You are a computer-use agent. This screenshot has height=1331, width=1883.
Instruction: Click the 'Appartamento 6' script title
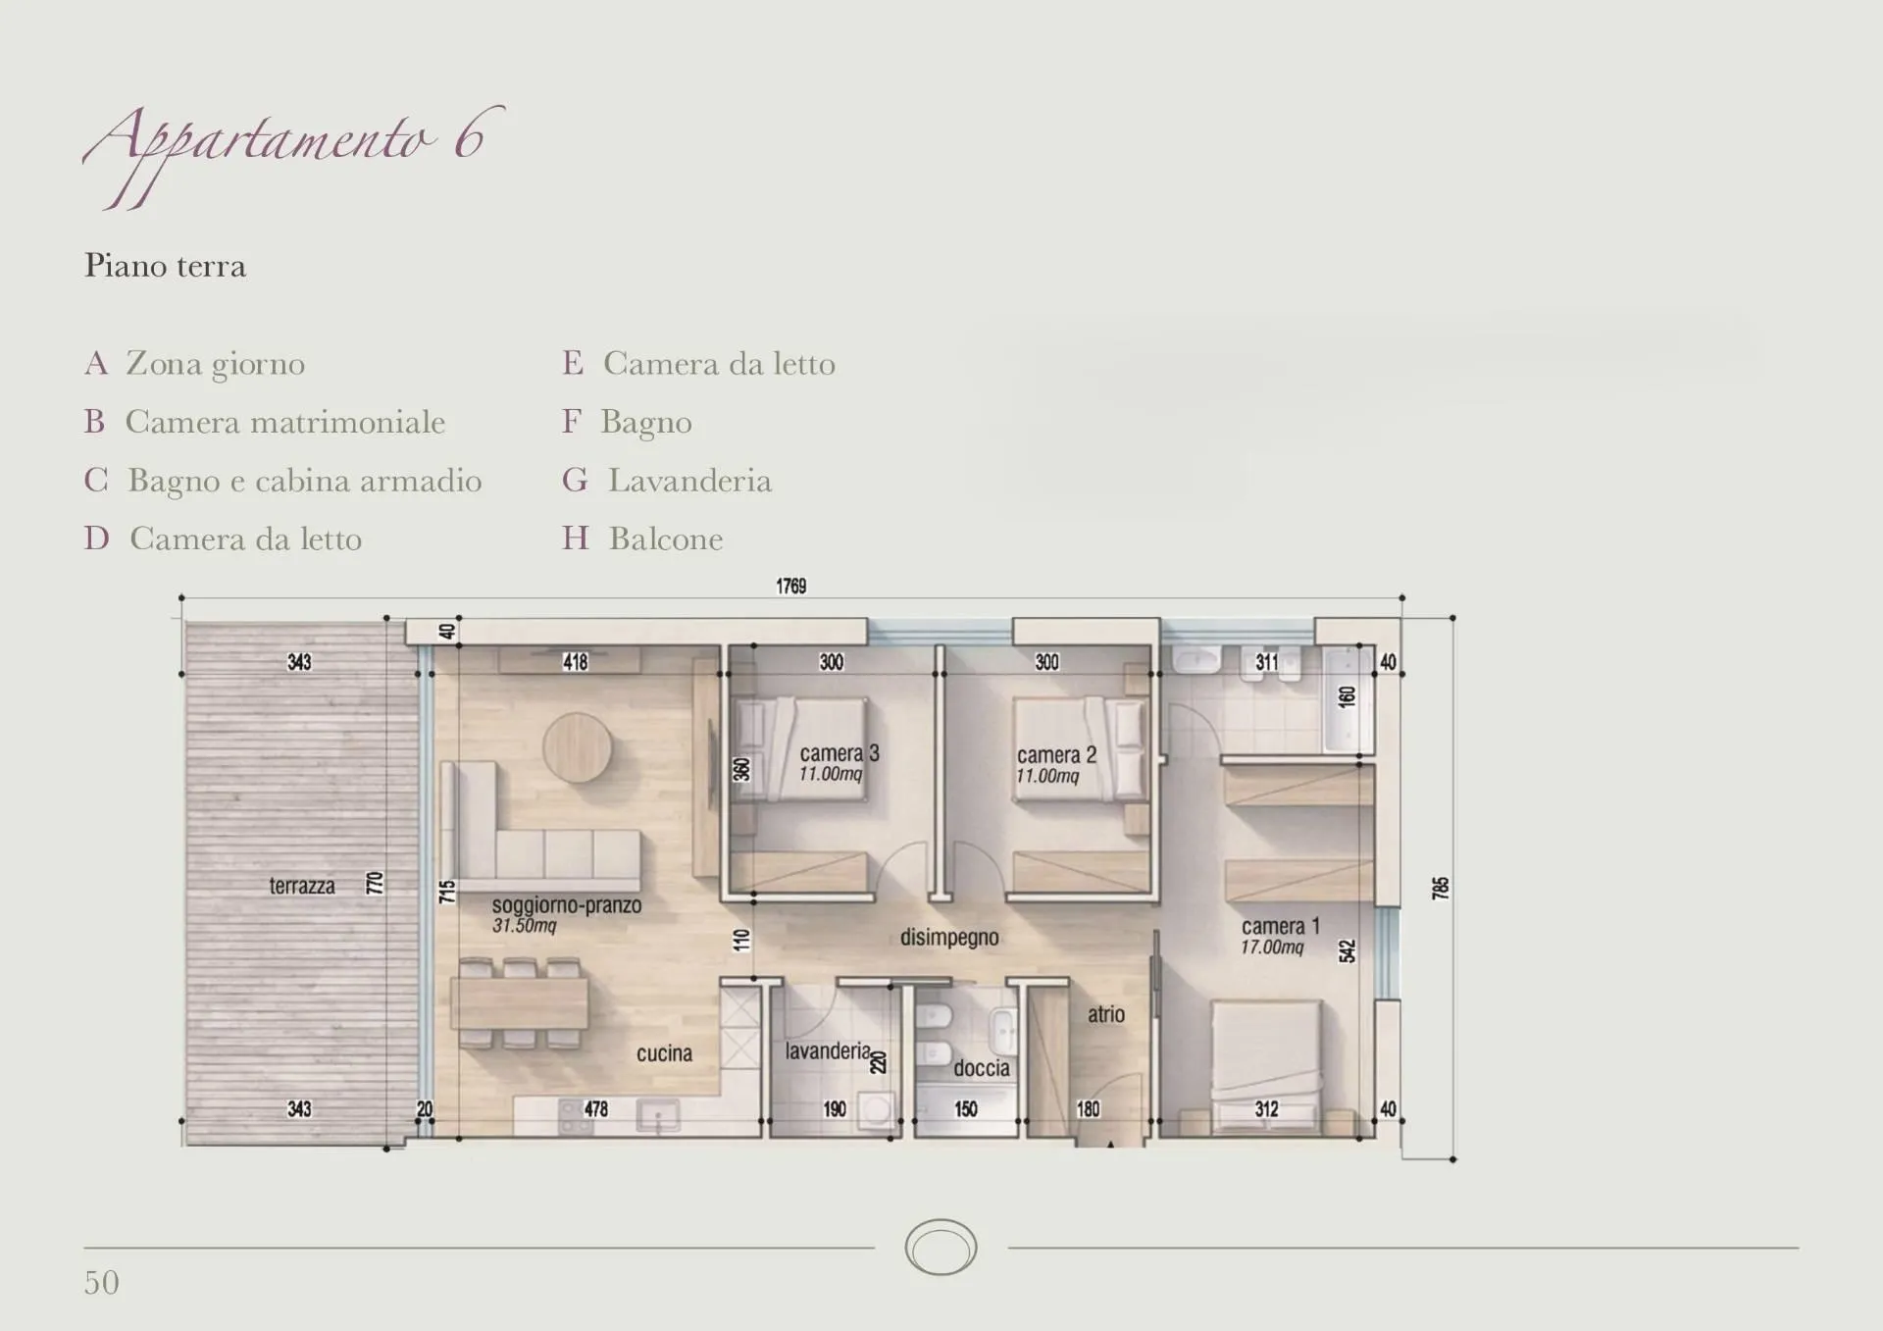tap(294, 152)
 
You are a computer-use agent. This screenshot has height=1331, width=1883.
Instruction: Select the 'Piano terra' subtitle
tap(165, 266)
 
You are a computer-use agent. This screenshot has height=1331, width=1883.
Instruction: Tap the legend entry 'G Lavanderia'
tap(667, 481)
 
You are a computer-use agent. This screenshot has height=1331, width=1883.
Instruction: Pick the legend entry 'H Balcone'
tap(642, 538)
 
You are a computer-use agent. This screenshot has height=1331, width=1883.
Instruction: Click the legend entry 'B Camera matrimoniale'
tap(265, 422)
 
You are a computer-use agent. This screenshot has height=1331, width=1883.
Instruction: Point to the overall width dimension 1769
tap(791, 586)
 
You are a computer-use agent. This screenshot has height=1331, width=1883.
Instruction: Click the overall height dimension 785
tap(1440, 889)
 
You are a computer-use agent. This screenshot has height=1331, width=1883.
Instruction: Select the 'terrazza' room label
tap(302, 886)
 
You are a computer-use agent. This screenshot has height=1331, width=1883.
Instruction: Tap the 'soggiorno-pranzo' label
tap(567, 905)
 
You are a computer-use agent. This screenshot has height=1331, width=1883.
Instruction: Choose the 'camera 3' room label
tap(840, 753)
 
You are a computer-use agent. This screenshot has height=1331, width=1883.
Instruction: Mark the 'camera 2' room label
tap(1056, 755)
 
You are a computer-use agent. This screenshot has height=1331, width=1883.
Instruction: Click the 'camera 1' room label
tap(1281, 926)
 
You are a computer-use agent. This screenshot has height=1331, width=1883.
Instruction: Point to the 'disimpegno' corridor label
tap(949, 938)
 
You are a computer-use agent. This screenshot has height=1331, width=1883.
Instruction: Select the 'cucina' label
tap(664, 1053)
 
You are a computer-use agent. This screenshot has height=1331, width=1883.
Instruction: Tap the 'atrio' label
tap(1106, 1014)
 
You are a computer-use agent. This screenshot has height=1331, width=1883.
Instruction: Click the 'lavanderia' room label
tap(828, 1051)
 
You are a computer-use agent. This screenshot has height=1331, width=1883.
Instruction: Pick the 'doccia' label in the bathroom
tap(982, 1068)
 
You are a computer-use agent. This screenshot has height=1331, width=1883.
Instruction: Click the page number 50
tap(102, 1283)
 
